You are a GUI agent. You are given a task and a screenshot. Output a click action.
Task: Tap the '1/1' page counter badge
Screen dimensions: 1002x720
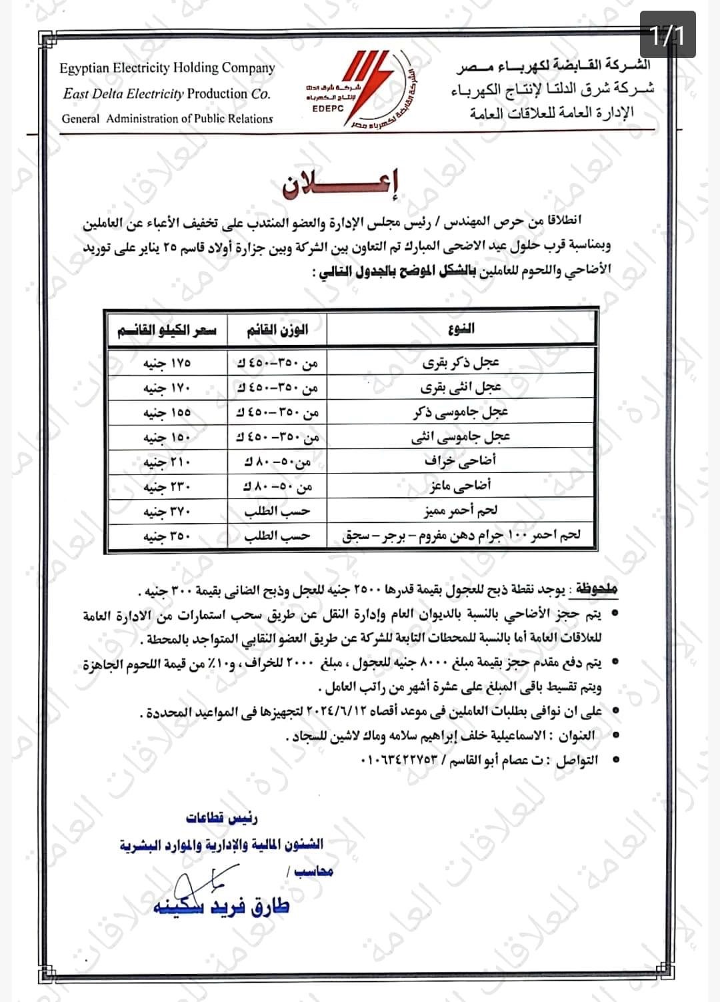click(x=667, y=35)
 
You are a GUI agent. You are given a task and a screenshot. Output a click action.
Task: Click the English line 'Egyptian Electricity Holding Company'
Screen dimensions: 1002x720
click(x=167, y=68)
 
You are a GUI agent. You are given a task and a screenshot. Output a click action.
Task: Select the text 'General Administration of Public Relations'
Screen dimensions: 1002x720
click(x=167, y=119)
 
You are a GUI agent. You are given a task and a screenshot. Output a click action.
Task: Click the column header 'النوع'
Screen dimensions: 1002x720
click(x=462, y=328)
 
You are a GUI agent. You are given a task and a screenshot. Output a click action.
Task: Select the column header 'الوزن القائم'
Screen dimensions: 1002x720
click(x=277, y=330)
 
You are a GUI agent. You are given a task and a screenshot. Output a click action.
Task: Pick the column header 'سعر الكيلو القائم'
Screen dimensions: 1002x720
click(x=167, y=330)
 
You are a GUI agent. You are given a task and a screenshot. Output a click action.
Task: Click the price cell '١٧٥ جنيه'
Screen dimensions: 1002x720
click(x=167, y=364)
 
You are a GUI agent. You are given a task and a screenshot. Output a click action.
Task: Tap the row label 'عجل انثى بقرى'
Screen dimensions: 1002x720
click(x=461, y=388)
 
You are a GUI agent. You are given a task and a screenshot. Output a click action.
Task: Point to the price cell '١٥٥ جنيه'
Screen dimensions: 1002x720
click(x=167, y=413)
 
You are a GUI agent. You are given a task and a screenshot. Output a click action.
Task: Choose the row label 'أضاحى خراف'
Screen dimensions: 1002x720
click(x=461, y=461)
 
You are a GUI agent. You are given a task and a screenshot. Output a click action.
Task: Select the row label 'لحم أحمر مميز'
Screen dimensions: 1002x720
click(x=461, y=512)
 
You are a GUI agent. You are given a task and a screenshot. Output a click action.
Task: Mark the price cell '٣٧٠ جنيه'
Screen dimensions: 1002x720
click(x=167, y=512)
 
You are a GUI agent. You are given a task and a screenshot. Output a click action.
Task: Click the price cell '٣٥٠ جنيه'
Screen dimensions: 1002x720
click(x=167, y=536)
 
